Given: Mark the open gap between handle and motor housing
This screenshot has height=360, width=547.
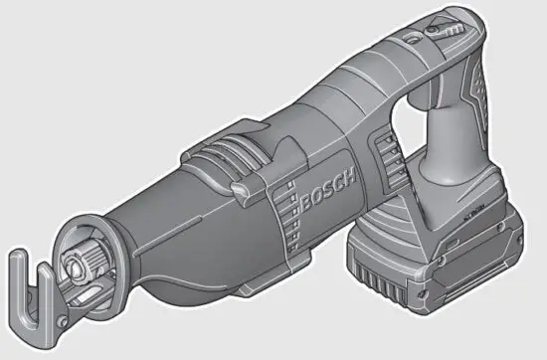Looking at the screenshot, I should (403, 134).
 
